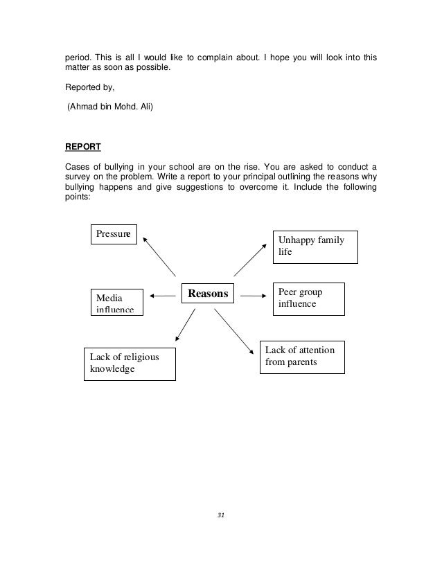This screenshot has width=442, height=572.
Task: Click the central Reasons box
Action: (209, 294)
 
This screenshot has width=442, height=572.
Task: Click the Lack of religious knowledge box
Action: (130, 364)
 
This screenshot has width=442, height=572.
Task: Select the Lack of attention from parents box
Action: (301, 357)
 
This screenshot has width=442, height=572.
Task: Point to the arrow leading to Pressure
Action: (160, 256)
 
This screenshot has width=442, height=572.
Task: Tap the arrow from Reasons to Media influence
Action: (162, 296)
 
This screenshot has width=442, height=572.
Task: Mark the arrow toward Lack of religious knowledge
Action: (185, 325)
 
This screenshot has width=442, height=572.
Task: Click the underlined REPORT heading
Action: (83, 148)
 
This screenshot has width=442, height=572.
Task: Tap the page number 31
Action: (221, 515)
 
